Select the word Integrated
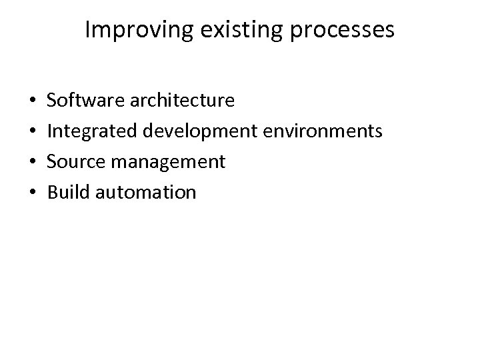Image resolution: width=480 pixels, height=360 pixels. pos(91,131)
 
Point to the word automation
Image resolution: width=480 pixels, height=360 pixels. pos(146,193)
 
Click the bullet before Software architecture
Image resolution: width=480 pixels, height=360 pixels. pos(33,101)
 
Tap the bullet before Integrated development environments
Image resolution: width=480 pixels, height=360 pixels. pos(33,132)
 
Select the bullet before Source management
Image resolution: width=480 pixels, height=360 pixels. pos(33,163)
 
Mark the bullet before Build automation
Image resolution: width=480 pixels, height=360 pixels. pos(33,193)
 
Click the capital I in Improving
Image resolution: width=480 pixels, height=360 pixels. pos(89,30)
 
